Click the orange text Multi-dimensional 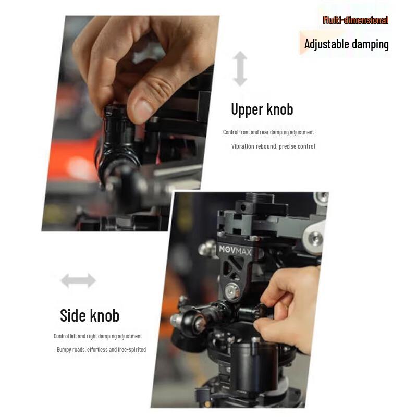(355, 20)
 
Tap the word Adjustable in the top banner (327, 44)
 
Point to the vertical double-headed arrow (240, 68)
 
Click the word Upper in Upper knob (247, 109)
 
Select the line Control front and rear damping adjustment (268, 132)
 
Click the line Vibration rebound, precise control (273, 146)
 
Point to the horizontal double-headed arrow (78, 281)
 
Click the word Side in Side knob (73, 316)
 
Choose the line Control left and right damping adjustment (97, 336)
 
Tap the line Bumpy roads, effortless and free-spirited (101, 350)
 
